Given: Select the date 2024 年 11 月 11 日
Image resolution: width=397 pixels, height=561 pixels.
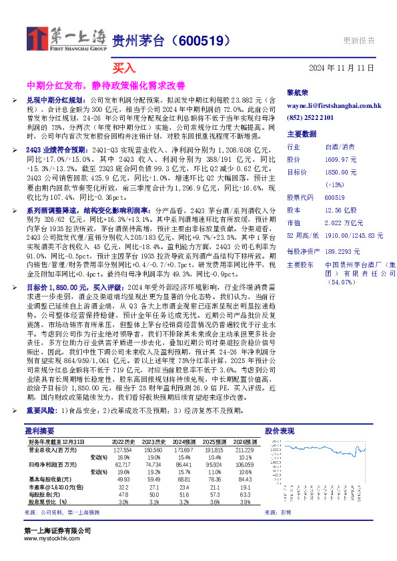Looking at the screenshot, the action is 342,68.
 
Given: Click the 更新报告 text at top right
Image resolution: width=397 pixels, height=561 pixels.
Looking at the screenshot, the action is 358,40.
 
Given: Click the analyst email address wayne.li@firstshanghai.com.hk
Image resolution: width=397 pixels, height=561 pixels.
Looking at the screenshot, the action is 333,105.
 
